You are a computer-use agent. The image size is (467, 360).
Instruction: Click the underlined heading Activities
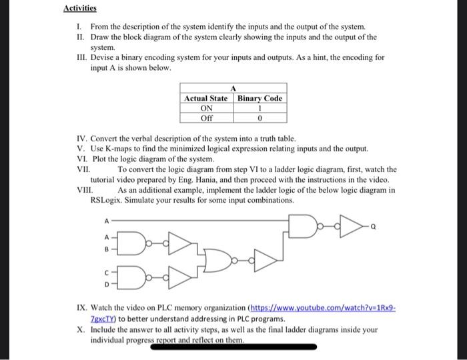pyautogui.click(x=80, y=9)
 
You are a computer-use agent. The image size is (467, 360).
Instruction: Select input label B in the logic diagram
pyautogui.click(x=105, y=251)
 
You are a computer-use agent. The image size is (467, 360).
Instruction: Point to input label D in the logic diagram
pyautogui.click(x=105, y=283)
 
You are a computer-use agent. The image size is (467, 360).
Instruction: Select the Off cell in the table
pyautogui.click(x=207, y=118)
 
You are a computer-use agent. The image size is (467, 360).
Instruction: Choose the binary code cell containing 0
pyautogui.click(x=260, y=118)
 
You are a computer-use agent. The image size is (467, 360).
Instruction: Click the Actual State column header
pyautogui.click(x=207, y=98)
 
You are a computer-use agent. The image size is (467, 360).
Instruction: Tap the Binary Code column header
pyautogui.click(x=260, y=98)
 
